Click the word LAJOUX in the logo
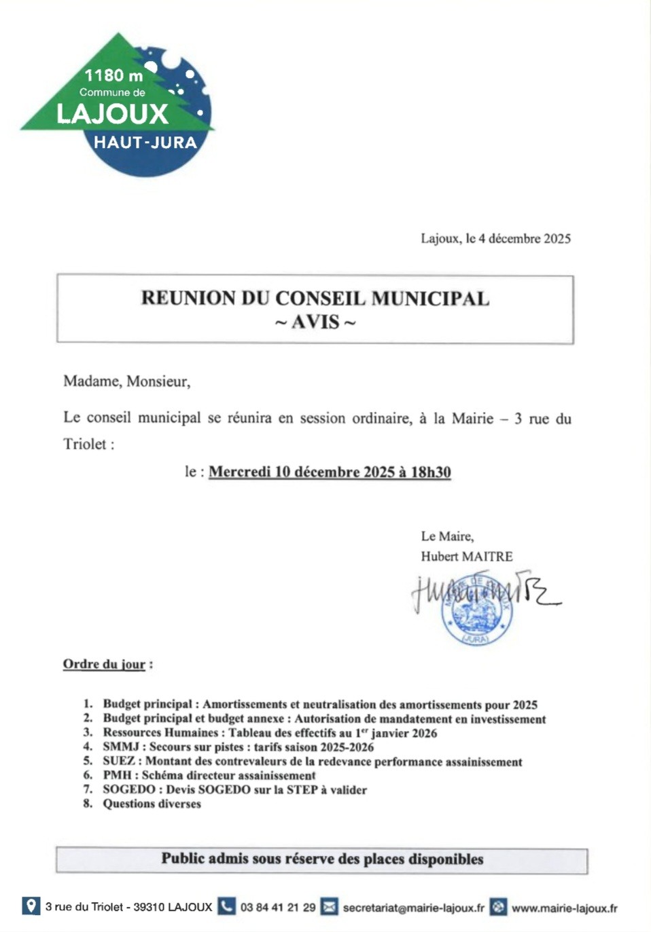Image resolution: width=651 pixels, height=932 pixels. tap(112, 114)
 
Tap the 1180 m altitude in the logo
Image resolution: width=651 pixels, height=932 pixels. tap(113, 75)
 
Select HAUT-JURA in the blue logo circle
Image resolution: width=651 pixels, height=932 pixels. tap(145, 143)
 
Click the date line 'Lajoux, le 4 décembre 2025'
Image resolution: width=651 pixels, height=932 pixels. tap(495, 238)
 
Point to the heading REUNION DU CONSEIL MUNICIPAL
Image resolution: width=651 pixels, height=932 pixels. tap(315, 298)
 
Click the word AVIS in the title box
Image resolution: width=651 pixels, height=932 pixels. tap(315, 322)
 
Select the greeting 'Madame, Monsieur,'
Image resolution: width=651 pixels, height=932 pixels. tap(127, 381)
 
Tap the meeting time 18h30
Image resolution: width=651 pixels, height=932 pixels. tap(431, 472)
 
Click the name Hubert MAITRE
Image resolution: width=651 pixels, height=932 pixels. tap(466, 557)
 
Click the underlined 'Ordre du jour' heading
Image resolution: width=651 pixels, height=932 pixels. tap(104, 664)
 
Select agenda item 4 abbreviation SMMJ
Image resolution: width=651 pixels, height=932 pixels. tap(120, 747)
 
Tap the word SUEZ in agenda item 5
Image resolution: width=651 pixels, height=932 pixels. tap(119, 762)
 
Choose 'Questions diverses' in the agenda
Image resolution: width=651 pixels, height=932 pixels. tap(152, 804)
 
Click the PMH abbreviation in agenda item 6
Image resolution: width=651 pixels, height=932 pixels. tap(117, 775)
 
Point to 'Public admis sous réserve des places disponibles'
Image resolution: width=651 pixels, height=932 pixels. tap(322, 859)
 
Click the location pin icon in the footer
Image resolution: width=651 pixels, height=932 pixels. tap(31, 906)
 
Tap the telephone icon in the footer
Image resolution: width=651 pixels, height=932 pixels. tap(226, 906)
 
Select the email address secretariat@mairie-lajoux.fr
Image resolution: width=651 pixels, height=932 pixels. tap(413, 908)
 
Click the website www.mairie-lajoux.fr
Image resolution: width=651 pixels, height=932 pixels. tap(564, 908)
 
